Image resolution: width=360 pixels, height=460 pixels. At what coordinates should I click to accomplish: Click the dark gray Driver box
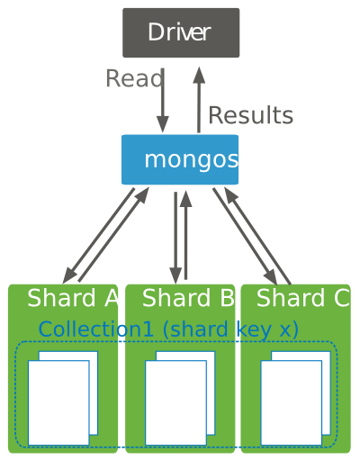tap(181, 32)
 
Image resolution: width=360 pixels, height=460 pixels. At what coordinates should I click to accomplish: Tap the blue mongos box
tap(180, 159)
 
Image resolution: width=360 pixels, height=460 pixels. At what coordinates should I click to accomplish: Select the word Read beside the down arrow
tap(134, 78)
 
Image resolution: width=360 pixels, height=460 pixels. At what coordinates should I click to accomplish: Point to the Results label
tap(251, 115)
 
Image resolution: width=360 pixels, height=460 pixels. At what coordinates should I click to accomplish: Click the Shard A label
tap(73, 298)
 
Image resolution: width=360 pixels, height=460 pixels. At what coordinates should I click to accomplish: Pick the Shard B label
tap(188, 298)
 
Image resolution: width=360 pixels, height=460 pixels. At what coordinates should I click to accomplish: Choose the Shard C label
tap(303, 298)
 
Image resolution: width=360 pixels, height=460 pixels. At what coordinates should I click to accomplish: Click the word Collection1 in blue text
tap(96, 329)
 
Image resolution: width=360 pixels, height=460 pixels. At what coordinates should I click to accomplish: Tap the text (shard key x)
tap(230, 329)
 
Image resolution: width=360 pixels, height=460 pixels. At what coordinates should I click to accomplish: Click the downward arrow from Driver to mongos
tap(163, 101)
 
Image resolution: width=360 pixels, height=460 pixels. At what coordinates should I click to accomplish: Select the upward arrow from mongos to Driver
tap(199, 100)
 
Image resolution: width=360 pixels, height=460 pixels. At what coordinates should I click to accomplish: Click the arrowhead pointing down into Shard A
tap(70, 275)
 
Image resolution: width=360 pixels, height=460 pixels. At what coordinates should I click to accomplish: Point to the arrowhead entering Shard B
tap(175, 275)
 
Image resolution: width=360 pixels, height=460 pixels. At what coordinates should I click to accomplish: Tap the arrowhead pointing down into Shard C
tap(270, 275)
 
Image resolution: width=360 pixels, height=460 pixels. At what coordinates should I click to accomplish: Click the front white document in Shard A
tap(58, 402)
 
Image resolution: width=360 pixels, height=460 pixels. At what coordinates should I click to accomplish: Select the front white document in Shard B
tap(175, 402)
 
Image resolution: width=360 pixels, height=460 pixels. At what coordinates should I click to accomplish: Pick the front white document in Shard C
tap(292, 402)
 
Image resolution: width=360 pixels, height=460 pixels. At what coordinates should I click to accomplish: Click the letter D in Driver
tap(157, 32)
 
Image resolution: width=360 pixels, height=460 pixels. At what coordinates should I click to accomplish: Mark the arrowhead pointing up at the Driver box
tap(199, 75)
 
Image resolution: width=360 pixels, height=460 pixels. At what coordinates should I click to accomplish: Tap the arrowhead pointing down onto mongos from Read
tap(163, 124)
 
